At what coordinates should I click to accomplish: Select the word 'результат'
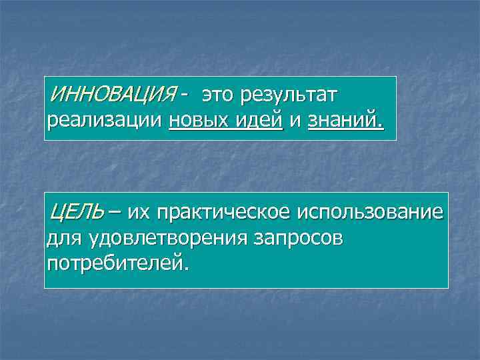point(291,96)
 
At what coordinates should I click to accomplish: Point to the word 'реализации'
point(105,122)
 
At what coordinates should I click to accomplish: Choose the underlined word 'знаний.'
point(346,122)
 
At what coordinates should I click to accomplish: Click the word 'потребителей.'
point(118,263)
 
